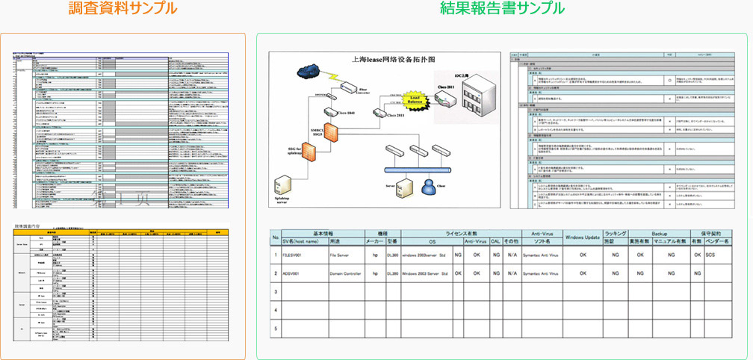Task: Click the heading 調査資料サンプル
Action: click(x=123, y=10)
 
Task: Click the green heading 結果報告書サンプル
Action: click(x=502, y=10)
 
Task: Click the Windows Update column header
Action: click(x=583, y=237)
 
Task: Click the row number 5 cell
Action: click(x=275, y=328)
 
